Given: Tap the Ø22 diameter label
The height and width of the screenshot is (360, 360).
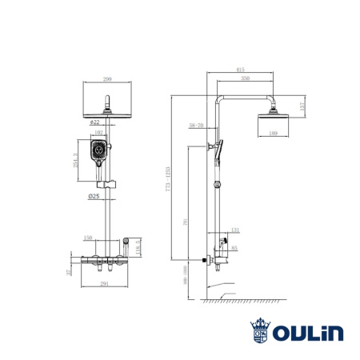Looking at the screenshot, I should tap(95, 122).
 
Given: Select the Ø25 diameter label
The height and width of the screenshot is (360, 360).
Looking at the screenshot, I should tap(94, 196).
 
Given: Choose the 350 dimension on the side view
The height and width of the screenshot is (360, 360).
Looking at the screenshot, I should tap(246, 79).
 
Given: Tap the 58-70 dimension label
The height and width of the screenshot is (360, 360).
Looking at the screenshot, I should tap(195, 126).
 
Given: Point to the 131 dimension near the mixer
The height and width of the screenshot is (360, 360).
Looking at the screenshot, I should tap(235, 230).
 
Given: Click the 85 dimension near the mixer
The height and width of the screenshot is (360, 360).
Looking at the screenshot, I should tap(235, 248).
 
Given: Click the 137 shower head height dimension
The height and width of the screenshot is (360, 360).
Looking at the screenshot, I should tap(302, 106).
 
